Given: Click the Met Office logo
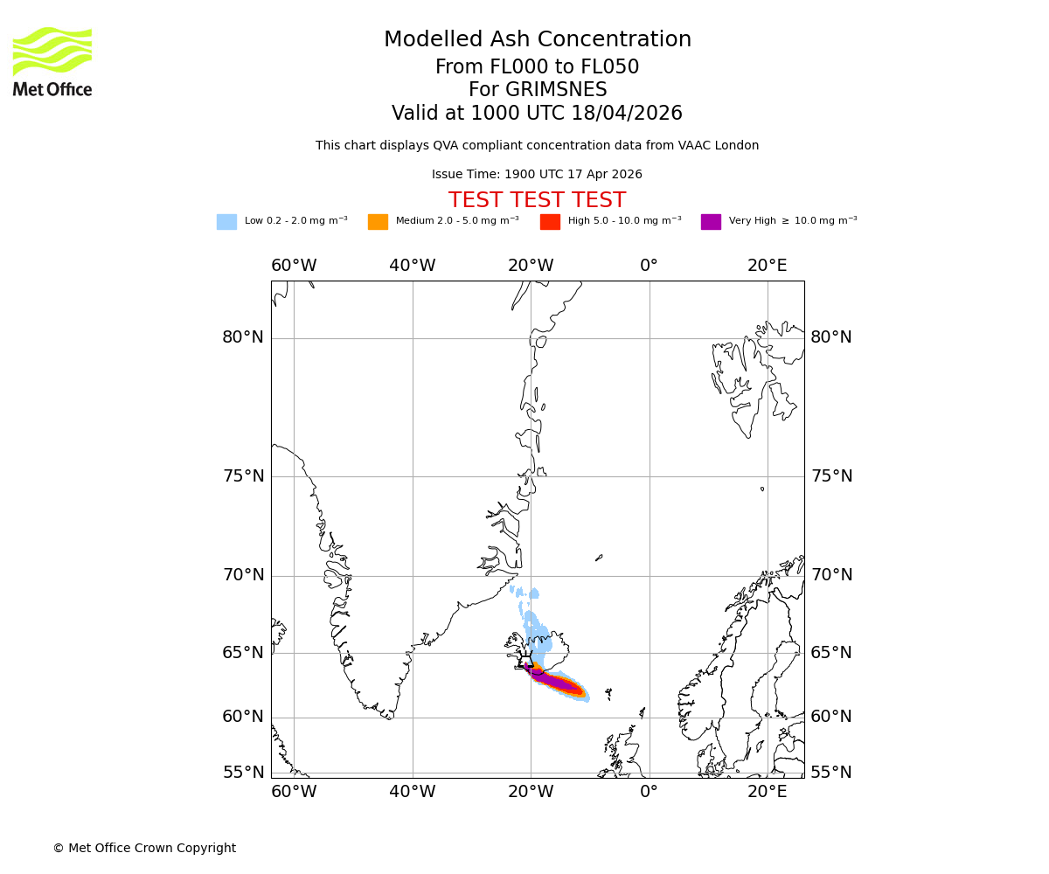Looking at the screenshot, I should coord(52,61).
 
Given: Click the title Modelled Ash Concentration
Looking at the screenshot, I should coord(537,40).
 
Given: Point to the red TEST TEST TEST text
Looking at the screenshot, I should coord(537,200).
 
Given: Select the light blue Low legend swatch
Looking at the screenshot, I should coord(226,222).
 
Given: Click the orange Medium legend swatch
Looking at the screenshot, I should coord(378,222).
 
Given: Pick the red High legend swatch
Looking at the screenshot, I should coord(550,222).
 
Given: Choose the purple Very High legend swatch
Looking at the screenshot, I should coord(711,222).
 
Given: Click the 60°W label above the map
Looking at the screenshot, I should coord(294,266).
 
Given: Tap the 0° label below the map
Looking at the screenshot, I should coord(649,792).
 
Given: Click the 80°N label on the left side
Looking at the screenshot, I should coord(243,337).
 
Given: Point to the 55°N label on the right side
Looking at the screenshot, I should coord(831,773).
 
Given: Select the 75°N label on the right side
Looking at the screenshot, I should coord(831,476).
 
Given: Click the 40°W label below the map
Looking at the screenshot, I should coord(412,792).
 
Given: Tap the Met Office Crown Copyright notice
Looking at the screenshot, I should coord(144,848).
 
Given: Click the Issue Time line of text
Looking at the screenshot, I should coord(537,175).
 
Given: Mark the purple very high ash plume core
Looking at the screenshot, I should coord(555,681).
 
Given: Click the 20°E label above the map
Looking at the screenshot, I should coord(767,266).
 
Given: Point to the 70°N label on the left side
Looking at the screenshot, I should coord(243,575).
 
